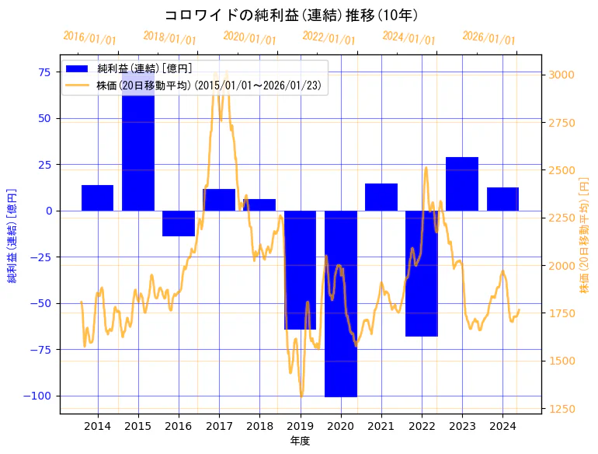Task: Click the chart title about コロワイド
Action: click(291, 16)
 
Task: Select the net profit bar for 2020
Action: click(341, 303)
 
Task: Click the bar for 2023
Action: click(462, 183)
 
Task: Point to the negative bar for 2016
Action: click(179, 223)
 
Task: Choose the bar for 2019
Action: click(301, 270)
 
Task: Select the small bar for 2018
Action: click(259, 204)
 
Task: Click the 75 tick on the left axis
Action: click(46, 72)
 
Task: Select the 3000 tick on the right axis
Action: click(563, 75)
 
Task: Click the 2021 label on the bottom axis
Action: click(381, 426)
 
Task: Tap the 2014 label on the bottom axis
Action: click(98, 426)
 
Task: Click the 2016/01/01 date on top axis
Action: click(89, 37)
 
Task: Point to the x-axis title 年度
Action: click(300, 441)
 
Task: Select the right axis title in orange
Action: click(584, 233)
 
